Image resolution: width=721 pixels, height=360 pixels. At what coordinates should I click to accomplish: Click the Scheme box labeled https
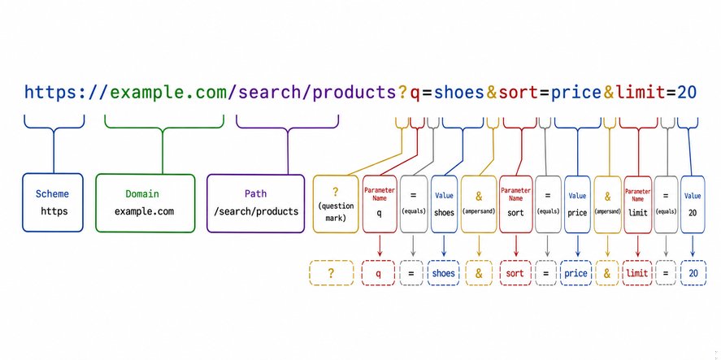click(53, 202)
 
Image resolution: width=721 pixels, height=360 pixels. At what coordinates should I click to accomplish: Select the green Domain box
click(146, 203)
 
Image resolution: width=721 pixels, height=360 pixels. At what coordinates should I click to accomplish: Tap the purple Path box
click(256, 203)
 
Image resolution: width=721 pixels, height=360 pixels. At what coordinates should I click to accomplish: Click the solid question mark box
click(336, 204)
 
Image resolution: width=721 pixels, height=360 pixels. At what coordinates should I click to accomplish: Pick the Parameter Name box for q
click(380, 204)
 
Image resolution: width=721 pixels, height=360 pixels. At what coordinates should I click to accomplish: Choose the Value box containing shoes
click(444, 204)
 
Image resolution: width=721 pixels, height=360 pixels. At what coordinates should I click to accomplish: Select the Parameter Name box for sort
click(515, 204)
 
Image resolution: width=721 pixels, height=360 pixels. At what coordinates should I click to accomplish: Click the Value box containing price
click(578, 204)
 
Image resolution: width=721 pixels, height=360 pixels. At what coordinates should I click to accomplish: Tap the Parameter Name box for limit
click(638, 205)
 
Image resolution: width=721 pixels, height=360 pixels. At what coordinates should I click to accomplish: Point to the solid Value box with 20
click(693, 205)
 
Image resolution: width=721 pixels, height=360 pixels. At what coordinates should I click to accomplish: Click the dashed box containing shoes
click(443, 273)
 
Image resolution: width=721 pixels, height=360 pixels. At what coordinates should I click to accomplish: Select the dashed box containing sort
click(515, 273)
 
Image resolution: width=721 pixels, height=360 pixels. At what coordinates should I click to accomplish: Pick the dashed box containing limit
click(637, 273)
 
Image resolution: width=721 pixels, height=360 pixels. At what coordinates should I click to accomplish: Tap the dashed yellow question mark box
click(331, 273)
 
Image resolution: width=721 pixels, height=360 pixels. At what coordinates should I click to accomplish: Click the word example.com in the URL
click(169, 93)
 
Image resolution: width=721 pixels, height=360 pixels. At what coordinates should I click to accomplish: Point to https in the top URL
click(51, 93)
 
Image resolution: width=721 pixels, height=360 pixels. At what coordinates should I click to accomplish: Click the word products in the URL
click(354, 93)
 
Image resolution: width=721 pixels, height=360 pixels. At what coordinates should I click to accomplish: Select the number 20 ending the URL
click(687, 93)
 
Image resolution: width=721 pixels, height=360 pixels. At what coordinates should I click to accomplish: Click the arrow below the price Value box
click(578, 246)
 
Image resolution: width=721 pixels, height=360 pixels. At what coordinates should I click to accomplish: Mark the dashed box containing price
click(575, 273)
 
